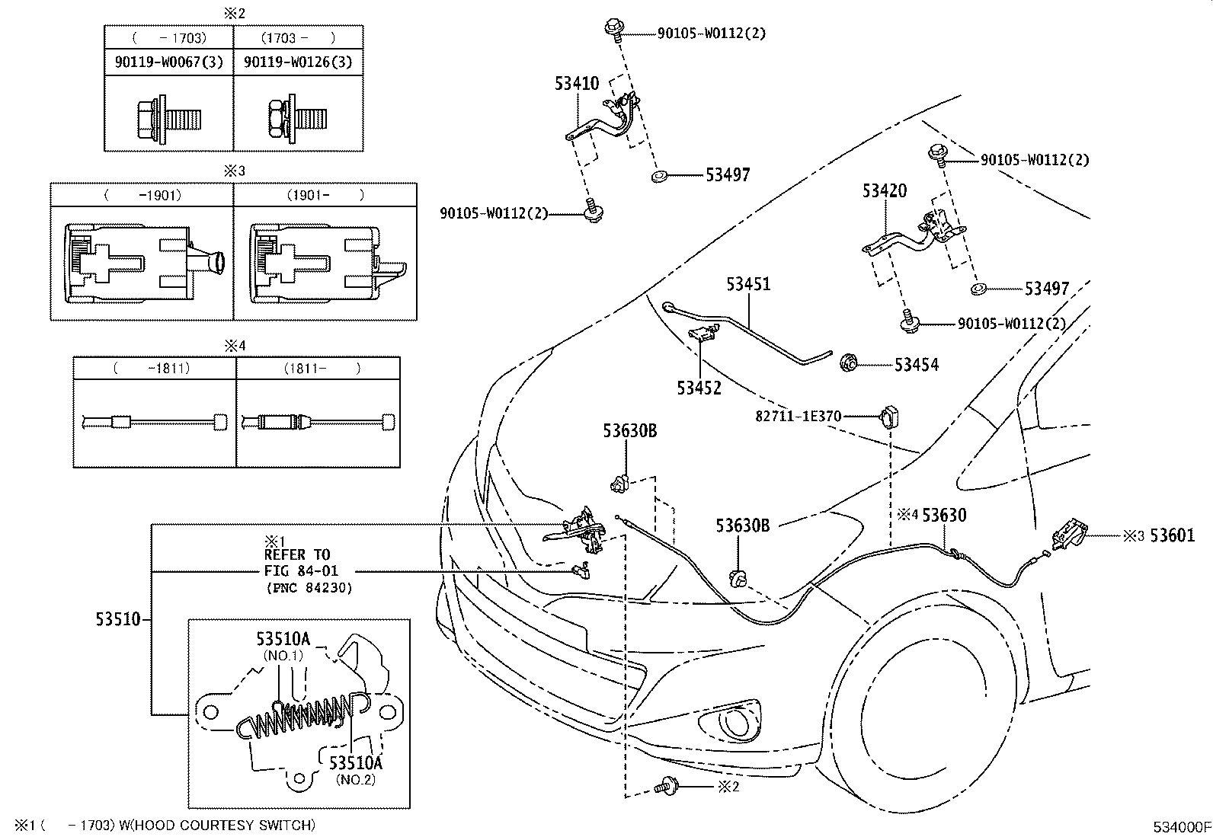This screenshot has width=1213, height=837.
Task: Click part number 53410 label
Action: [576, 84]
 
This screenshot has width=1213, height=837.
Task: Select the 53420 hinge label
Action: [884, 190]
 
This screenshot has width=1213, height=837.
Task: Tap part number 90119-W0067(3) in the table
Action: [169, 62]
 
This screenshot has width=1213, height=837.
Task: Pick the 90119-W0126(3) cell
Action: [298, 62]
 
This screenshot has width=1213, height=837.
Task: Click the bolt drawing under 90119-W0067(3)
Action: [168, 119]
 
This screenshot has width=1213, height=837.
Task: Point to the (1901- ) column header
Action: [325, 195]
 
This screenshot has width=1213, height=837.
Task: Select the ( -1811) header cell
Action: [155, 369]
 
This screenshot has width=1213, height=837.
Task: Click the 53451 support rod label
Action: [747, 284]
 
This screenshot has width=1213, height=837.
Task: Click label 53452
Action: [698, 388]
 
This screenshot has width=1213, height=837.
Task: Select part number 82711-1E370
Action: [798, 417]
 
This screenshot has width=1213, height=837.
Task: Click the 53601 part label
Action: [1172, 536]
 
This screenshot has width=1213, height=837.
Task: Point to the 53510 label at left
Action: [118, 618]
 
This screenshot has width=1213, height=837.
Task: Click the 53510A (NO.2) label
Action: [355, 762]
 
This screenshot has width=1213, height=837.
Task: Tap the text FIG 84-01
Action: [301, 570]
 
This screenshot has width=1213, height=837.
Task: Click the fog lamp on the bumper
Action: [735, 720]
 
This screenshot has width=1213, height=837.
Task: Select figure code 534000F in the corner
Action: [1180, 826]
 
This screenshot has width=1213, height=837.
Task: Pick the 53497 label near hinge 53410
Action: [727, 175]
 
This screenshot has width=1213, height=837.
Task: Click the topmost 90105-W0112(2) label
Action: [711, 33]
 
